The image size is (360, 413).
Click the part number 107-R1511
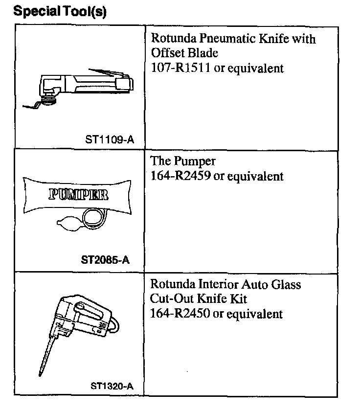coord(180,68)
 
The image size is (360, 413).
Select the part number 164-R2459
coord(180,176)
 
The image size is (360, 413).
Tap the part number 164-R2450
coord(180,313)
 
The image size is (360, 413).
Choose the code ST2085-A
coord(105,260)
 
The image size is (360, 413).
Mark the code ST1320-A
coord(112,386)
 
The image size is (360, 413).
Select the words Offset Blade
coord(184,53)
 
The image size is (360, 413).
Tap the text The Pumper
coord(183,161)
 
